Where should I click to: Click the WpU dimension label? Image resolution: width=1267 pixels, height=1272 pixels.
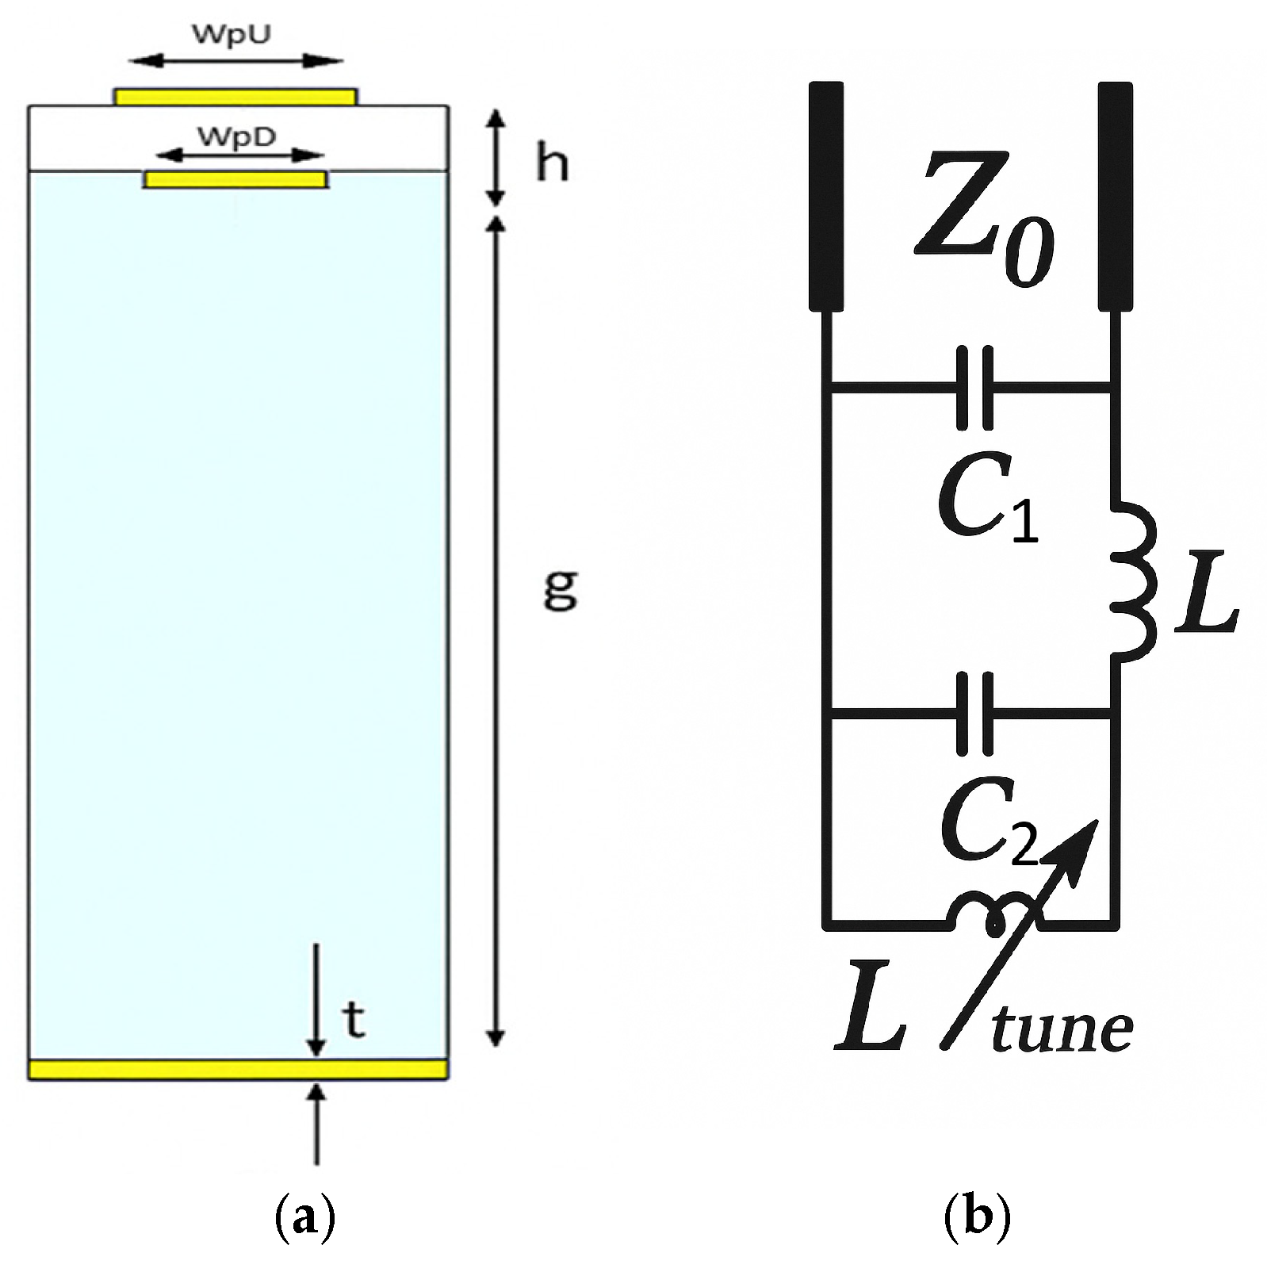231,35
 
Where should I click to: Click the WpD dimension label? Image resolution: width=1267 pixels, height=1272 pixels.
236,136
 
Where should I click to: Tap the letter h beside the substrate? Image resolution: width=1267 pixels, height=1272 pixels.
552,164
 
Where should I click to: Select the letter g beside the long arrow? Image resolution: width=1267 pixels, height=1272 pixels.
560,588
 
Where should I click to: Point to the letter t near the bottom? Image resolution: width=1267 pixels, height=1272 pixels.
354,1020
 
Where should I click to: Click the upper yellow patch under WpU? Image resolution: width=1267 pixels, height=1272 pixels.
235,97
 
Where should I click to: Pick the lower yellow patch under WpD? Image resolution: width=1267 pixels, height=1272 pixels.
235,180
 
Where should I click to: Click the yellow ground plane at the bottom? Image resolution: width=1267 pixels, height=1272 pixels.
238,1070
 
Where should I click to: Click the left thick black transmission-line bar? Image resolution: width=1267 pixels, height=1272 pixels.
825,195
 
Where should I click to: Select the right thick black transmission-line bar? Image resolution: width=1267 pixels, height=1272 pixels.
1115,195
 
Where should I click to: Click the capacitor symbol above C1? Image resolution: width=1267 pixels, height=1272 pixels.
974,388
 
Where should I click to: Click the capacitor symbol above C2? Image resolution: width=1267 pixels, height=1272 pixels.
974,714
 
